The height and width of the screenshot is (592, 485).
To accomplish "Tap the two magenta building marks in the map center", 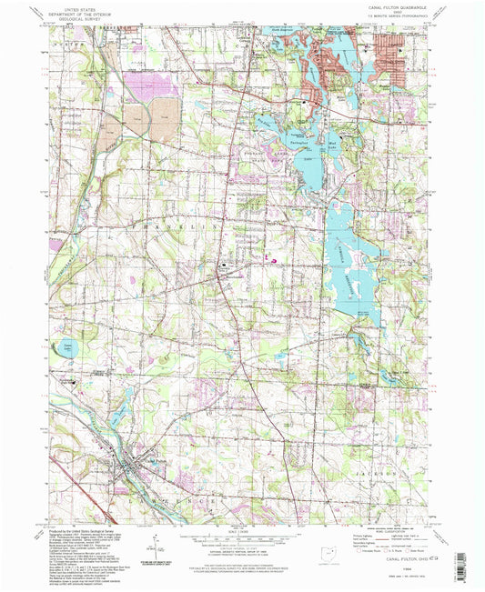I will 271,259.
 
